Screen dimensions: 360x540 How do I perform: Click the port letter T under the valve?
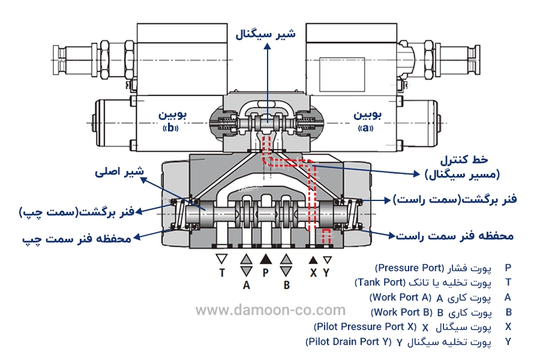[x=222, y=273]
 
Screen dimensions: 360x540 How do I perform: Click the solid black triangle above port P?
[x=265, y=260]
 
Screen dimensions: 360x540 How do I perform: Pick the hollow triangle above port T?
[x=222, y=260]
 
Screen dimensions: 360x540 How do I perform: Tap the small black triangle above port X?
[x=313, y=260]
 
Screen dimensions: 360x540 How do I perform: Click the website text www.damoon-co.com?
[x=271, y=310]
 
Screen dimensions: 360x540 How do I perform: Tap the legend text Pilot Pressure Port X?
[x=364, y=327]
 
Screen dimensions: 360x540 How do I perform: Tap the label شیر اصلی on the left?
[x=120, y=172]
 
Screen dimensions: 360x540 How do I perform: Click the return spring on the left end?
[x=178, y=214]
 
